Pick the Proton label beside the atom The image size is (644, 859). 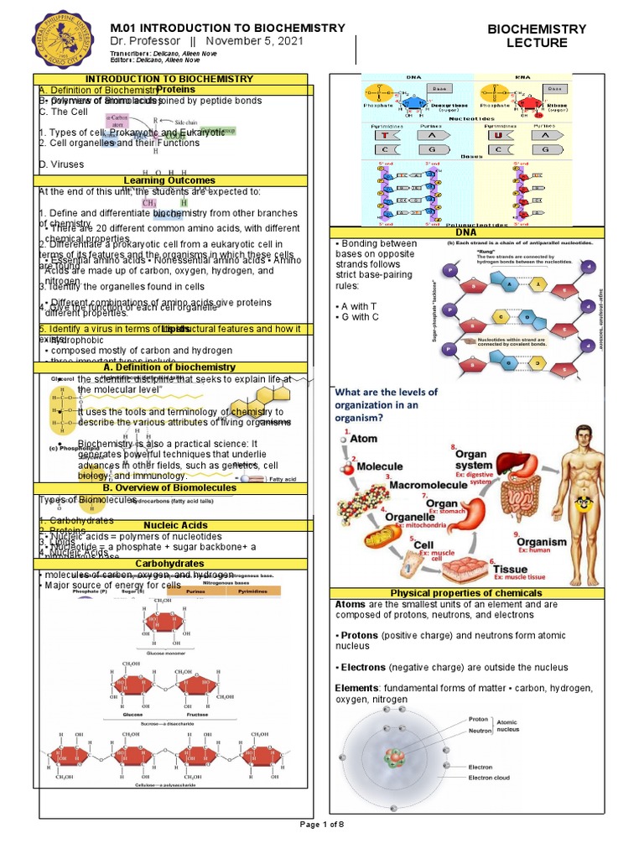click(478, 719)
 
